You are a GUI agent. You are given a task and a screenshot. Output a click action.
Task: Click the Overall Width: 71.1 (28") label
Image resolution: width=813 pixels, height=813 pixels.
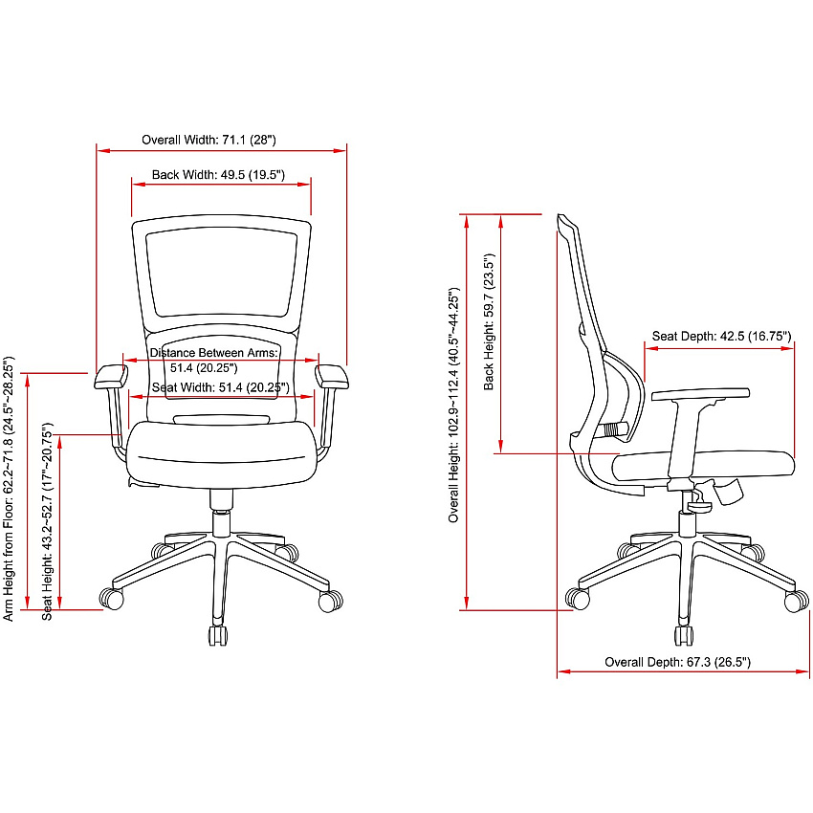coord(209,140)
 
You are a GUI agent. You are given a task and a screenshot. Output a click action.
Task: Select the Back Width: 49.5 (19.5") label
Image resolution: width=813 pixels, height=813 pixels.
coord(218,175)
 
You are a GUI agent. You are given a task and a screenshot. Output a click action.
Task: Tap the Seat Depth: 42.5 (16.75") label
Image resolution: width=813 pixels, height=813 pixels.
coord(721,336)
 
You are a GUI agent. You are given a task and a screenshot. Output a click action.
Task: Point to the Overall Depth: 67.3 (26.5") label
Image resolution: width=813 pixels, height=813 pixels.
coord(678,662)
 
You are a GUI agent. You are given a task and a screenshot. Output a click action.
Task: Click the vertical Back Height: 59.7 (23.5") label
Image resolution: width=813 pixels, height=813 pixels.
coord(489,321)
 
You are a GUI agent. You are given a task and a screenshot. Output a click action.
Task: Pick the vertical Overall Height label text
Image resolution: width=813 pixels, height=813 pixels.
coord(453,405)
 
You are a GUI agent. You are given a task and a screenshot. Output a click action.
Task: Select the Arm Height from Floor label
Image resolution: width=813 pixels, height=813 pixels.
coord(9,489)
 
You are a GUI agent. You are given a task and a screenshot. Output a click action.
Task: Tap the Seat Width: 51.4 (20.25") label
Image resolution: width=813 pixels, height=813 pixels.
coord(220,387)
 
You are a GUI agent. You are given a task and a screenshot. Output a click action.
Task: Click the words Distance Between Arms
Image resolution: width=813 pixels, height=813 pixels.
coord(213,353)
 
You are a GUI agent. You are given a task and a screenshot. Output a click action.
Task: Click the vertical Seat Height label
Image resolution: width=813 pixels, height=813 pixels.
coord(47,521)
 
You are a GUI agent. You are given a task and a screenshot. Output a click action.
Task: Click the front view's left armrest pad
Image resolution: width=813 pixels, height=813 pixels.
coord(111,377)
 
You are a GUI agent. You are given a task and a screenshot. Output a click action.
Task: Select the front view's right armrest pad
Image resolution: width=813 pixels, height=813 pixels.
coord(331,377)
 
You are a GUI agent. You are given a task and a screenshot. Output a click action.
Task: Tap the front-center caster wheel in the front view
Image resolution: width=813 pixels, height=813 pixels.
coord(218,636)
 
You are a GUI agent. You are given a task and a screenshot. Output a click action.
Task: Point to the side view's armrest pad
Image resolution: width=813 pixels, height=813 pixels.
coord(700,394)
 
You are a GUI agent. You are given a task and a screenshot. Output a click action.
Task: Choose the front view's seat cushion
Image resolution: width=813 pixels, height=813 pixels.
coord(221,454)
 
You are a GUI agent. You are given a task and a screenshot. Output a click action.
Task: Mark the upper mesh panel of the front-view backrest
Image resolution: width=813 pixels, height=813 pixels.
coord(221,274)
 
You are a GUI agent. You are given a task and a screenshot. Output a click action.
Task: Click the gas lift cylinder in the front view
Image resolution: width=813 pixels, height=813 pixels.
coord(221,524)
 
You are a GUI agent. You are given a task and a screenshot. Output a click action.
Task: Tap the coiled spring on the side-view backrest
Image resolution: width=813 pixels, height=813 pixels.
coord(614,429)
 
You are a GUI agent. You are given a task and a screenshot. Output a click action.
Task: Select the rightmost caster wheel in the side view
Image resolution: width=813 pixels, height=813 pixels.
coord(797,602)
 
